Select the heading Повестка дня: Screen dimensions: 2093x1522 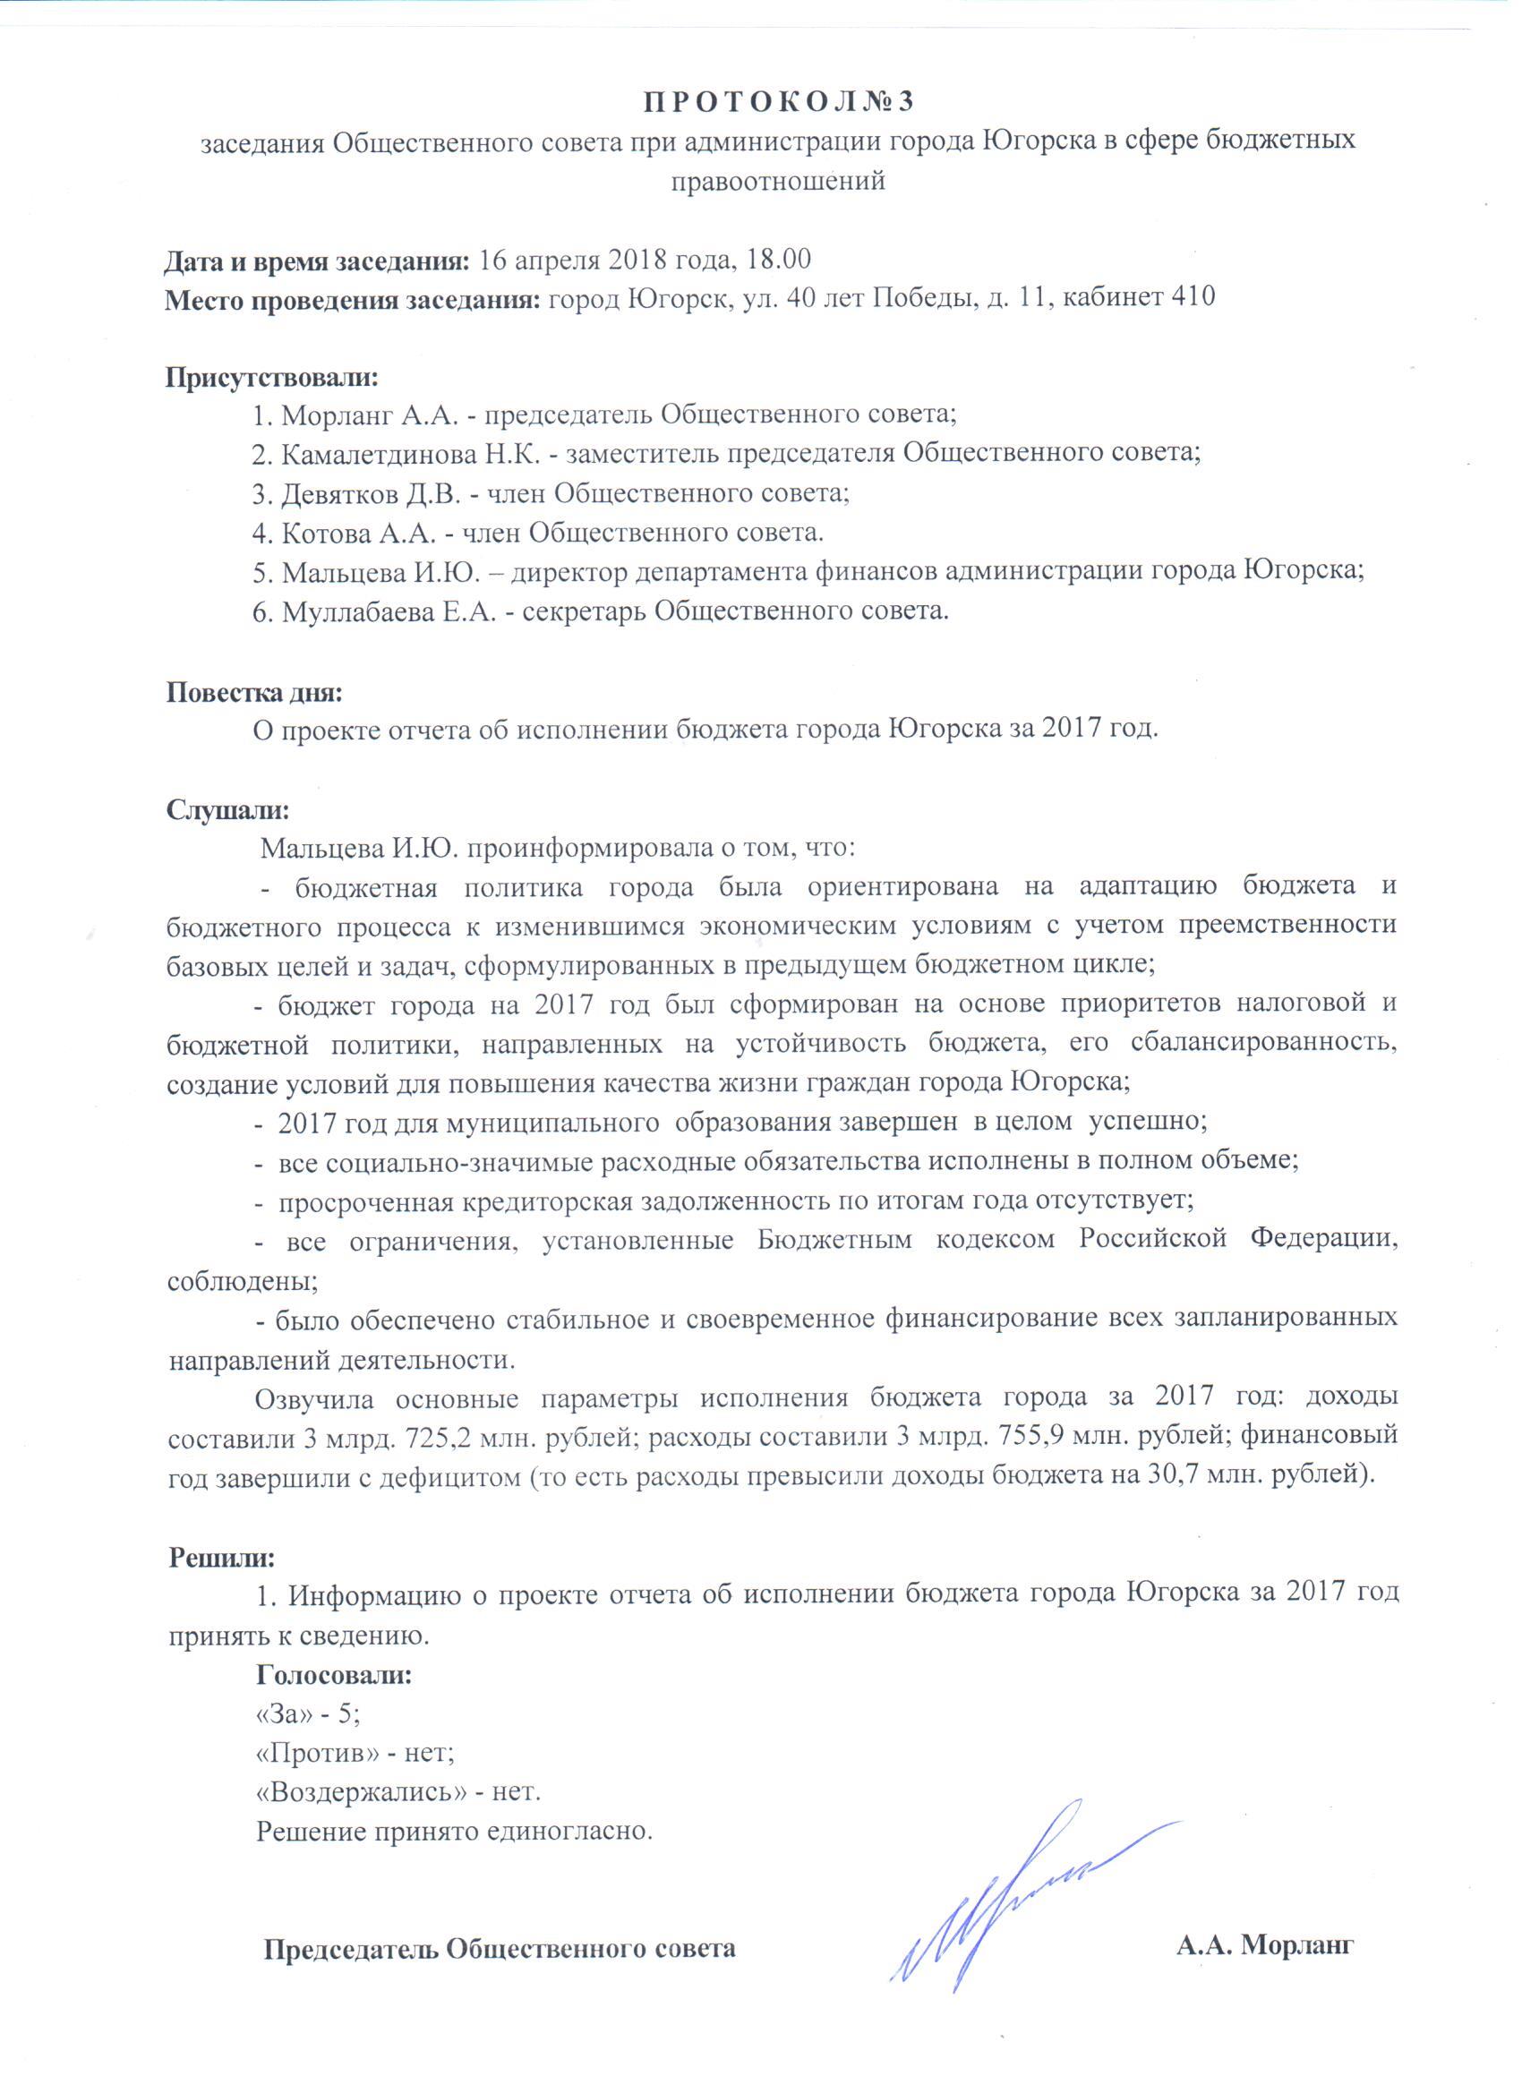(255, 691)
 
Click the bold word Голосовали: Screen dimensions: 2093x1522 (334, 1676)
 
